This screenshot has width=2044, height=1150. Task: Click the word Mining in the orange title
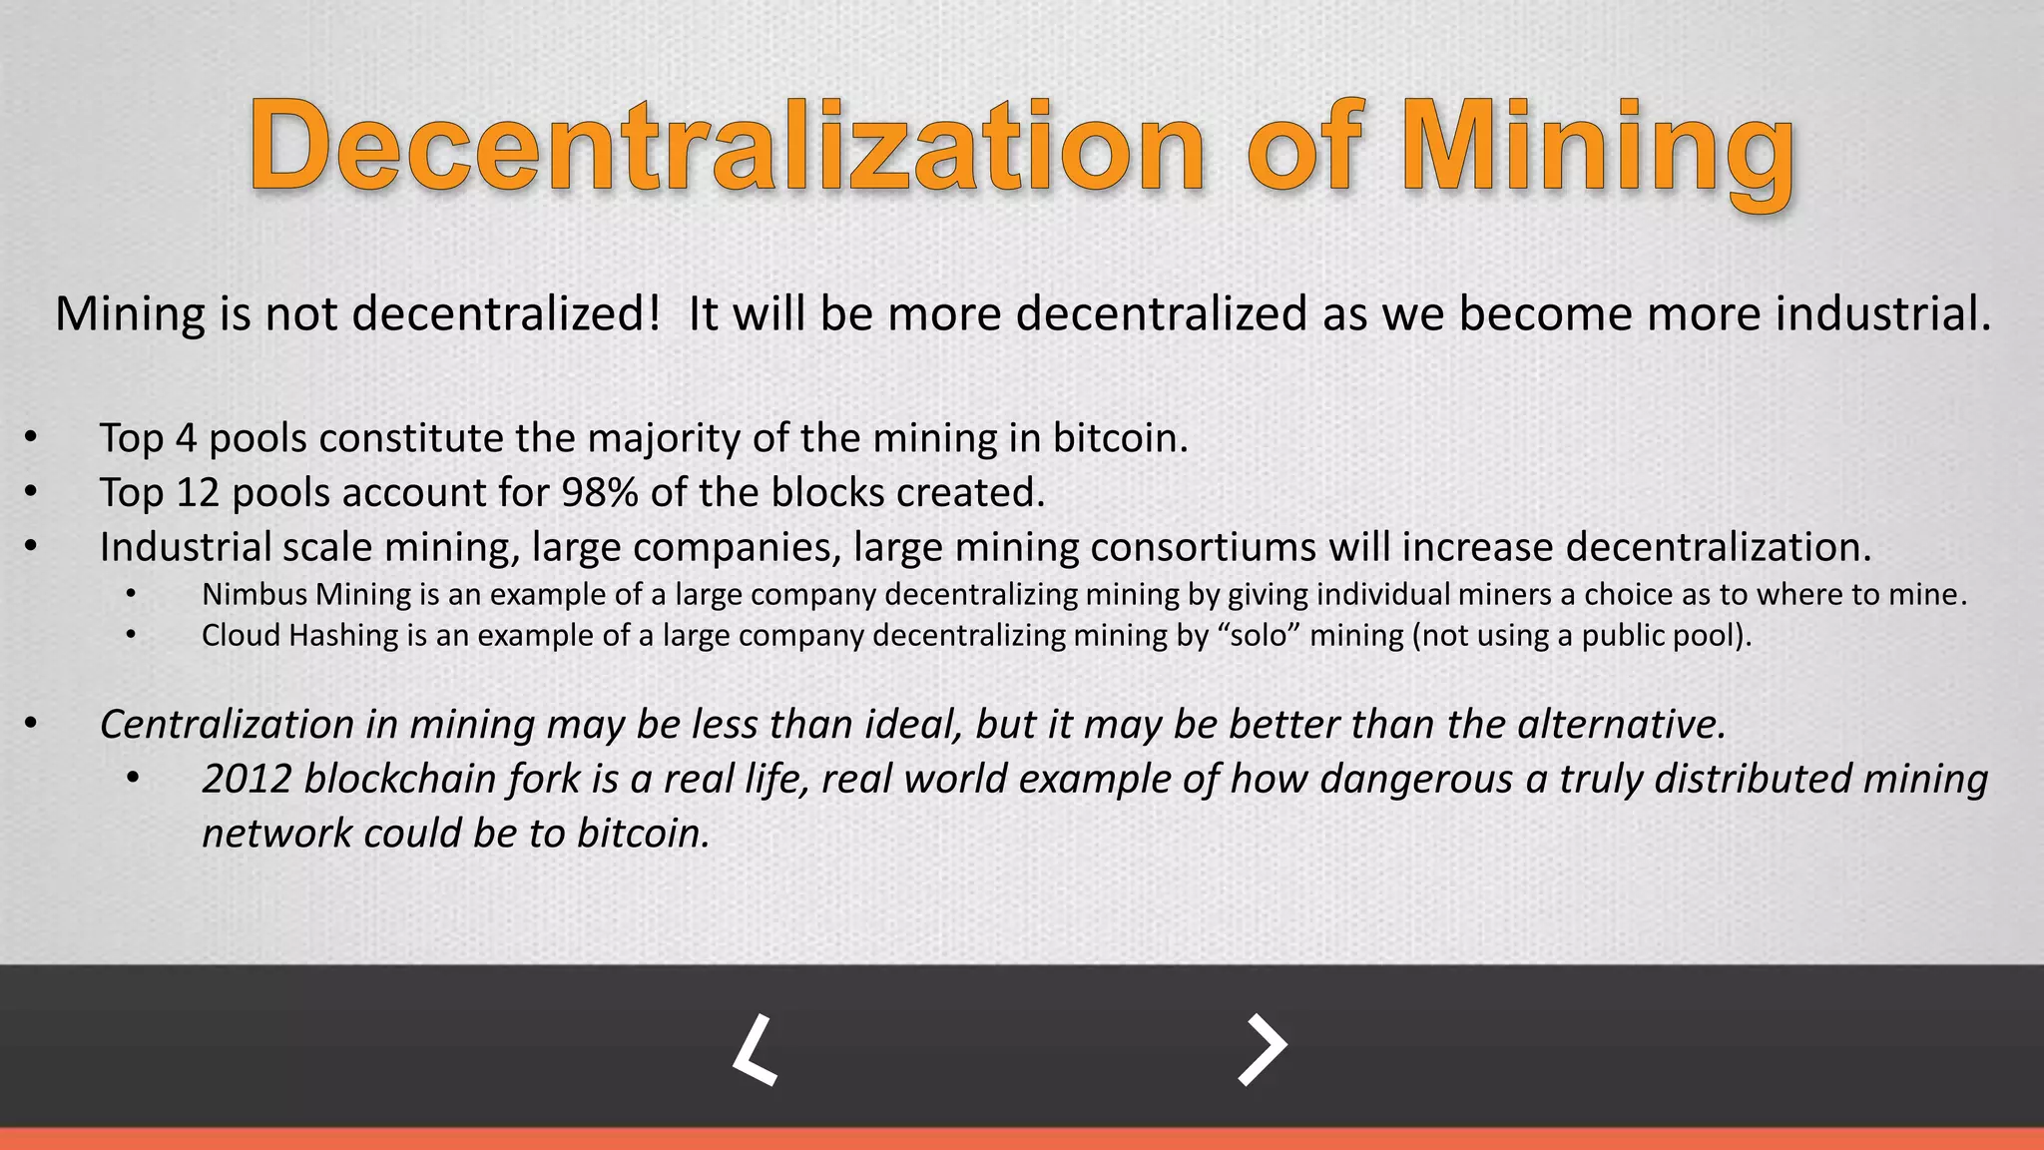point(1598,150)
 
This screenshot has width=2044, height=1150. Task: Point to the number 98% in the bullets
point(599,493)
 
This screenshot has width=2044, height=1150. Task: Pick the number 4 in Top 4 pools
point(187,439)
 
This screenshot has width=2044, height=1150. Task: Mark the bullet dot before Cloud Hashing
point(131,634)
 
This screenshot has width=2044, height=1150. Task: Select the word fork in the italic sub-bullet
point(549,780)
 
